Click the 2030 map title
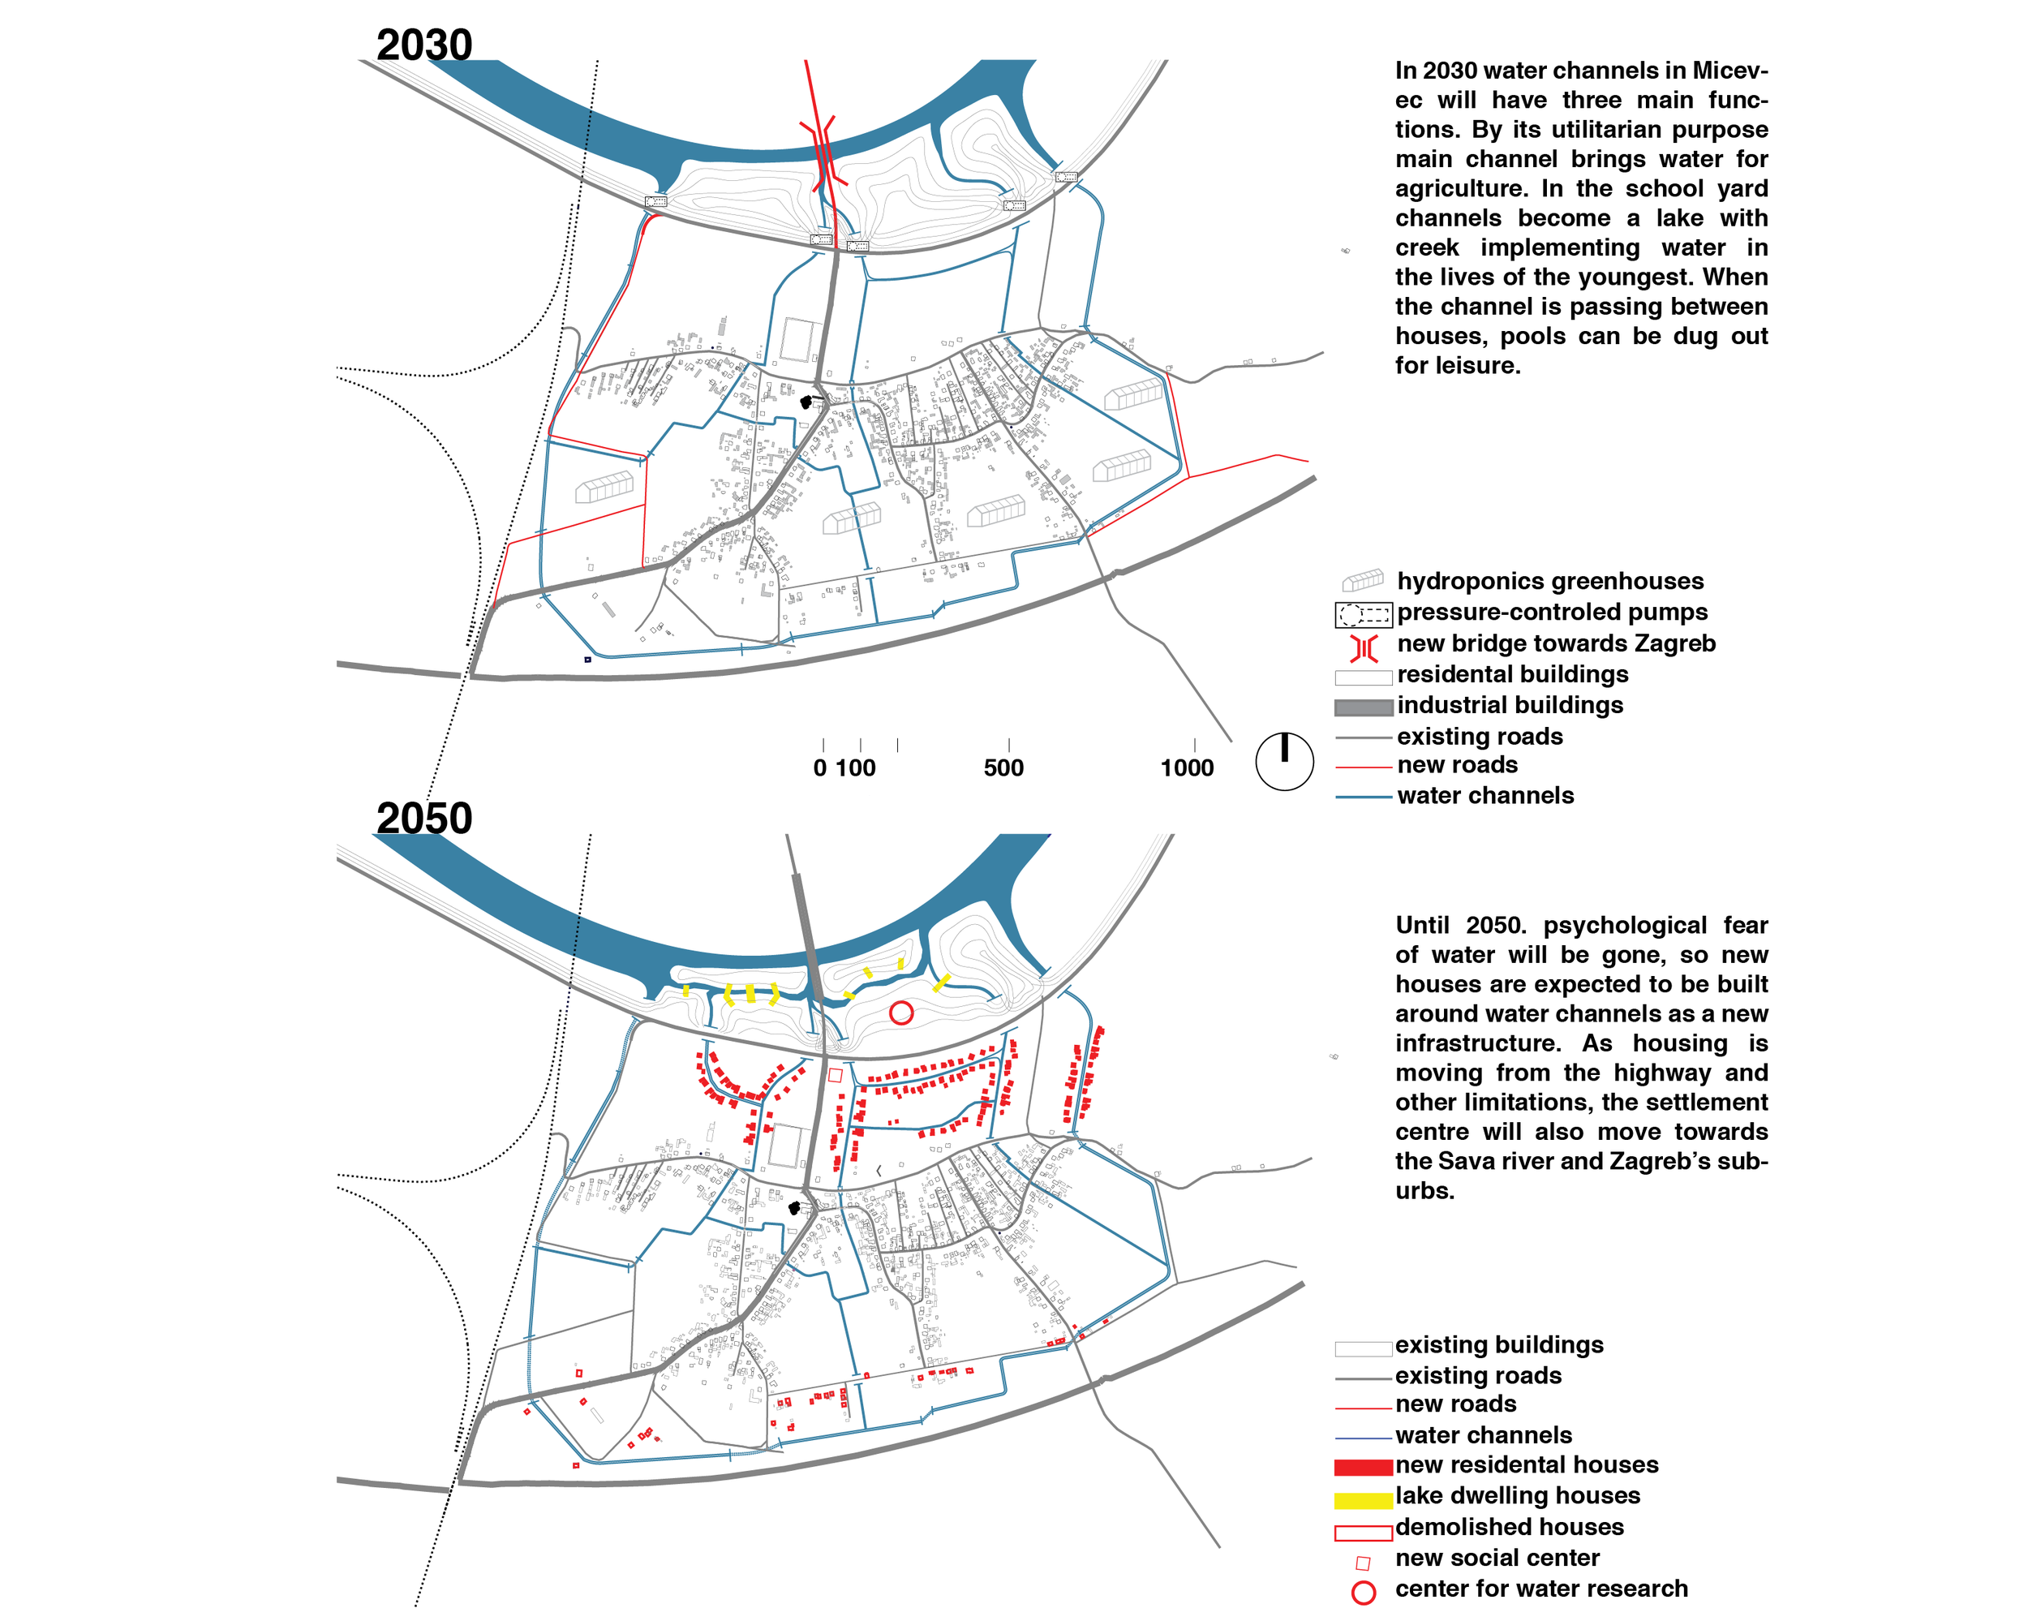coord(424,45)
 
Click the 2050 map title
coord(424,819)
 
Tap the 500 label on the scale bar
coord(1003,768)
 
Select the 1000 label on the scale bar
coord(1187,768)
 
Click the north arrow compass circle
coord(1284,761)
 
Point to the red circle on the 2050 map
coord(901,1013)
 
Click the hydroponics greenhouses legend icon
coord(1363,579)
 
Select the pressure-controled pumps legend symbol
coord(1363,615)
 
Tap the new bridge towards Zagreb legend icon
coord(1364,647)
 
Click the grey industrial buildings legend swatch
coord(1363,707)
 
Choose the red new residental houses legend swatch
coord(1363,1467)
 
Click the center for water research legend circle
coord(1363,1593)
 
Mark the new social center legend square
coord(1363,1563)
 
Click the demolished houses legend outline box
coord(1363,1533)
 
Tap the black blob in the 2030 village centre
coord(806,402)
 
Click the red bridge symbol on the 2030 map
coord(820,151)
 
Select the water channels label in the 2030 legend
coord(1485,796)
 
